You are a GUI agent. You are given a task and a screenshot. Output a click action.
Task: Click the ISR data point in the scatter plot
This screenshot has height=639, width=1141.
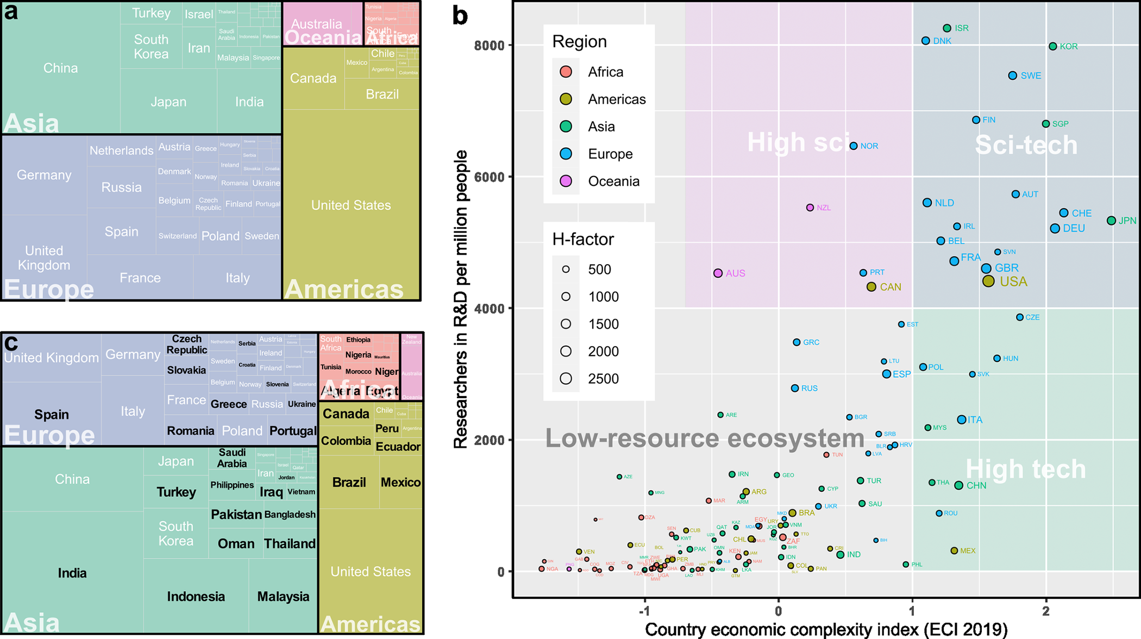(947, 28)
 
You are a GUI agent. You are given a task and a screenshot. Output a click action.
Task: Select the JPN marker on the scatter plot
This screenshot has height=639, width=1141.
(1112, 221)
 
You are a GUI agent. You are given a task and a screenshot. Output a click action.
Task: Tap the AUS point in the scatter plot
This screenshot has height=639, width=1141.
(718, 273)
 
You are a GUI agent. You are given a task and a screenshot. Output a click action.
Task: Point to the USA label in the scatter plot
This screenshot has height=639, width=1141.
(1013, 281)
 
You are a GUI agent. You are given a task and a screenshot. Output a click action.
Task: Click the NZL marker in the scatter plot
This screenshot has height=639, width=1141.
(810, 208)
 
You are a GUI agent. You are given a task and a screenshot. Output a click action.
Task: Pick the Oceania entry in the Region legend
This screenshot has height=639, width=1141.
(613, 181)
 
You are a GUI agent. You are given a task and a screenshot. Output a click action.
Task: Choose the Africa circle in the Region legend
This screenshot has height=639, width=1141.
(566, 72)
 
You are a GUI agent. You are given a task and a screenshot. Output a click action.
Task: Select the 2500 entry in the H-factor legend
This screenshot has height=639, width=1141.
(603, 379)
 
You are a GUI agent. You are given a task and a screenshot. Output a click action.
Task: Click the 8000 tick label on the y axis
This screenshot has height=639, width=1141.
(489, 45)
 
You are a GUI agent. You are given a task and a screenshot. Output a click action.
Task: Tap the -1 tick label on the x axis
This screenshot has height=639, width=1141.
(644, 611)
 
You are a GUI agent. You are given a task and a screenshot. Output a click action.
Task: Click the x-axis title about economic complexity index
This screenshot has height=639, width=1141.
(826, 629)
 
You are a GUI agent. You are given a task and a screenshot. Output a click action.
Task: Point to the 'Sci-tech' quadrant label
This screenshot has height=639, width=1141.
(1026, 145)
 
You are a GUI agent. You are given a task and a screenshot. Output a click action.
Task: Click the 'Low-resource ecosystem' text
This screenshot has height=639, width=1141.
(705, 438)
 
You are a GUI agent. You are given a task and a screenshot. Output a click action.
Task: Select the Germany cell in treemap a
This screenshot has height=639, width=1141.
(44, 175)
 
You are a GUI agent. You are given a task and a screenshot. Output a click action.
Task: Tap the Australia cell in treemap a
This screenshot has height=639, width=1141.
(317, 24)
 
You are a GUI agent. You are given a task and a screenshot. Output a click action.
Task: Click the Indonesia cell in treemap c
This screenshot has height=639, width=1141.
(196, 596)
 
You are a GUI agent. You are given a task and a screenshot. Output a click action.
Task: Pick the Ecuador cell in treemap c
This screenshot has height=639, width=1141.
(398, 447)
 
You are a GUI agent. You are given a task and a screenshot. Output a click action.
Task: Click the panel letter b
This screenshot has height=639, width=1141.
(460, 15)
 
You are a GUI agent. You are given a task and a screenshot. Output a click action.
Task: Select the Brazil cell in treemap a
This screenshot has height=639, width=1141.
(382, 94)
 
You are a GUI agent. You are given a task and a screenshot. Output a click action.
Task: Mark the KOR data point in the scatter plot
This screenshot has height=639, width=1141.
(1053, 47)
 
